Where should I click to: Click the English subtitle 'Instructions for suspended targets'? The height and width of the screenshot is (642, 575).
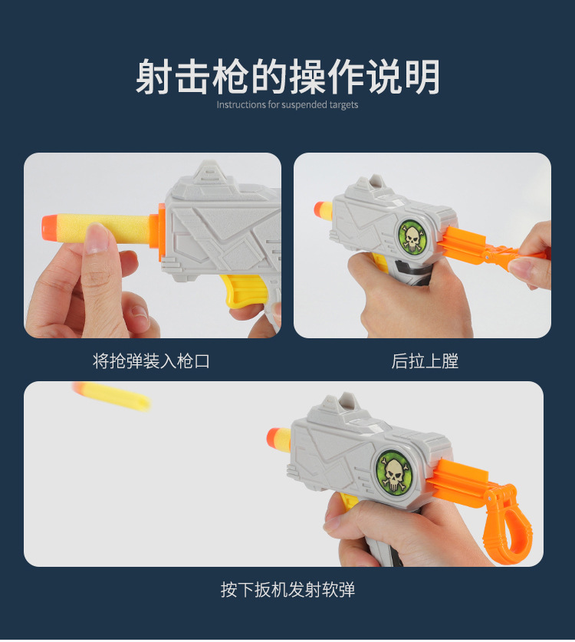pos(287,105)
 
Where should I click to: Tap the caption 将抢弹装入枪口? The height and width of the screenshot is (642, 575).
pos(151,361)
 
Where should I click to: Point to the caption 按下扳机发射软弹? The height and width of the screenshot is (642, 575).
pos(287,590)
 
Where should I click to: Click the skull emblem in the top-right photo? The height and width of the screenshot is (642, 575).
pos(412,236)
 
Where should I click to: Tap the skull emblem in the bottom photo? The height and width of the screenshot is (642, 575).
pos(394,472)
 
